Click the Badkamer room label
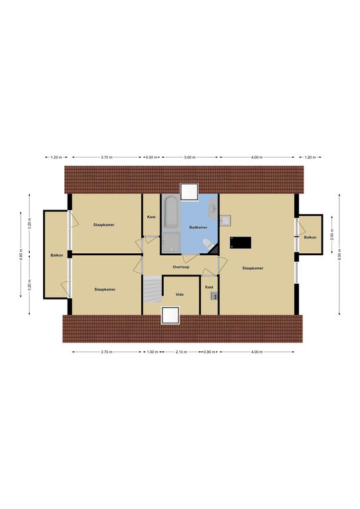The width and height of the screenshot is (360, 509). tap(198, 227)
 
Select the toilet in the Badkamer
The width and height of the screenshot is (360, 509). tap(207, 244)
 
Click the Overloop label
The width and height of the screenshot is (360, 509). tap(181, 267)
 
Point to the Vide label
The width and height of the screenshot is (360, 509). tap(180, 294)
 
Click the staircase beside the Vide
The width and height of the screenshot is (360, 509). tap(152, 289)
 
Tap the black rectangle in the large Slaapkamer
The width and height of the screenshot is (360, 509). tap(241, 243)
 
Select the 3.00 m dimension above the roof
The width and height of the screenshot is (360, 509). tap(190, 158)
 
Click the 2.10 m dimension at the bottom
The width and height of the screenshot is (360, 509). tap(181, 351)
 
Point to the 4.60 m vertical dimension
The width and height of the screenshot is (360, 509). tap(21, 254)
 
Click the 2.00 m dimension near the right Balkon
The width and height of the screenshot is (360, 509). tap(331, 235)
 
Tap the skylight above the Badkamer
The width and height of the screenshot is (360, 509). tap(189, 192)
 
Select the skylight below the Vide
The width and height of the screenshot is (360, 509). tap(170, 315)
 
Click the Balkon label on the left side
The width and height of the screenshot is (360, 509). tap(57, 255)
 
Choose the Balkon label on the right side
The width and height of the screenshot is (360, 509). tap(310, 237)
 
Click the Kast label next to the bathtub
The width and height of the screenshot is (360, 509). tap(151, 217)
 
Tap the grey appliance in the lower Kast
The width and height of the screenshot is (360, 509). tap(214, 296)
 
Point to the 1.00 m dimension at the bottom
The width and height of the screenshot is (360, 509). tap(152, 351)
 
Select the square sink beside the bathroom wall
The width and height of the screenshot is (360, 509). tap(225, 221)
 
